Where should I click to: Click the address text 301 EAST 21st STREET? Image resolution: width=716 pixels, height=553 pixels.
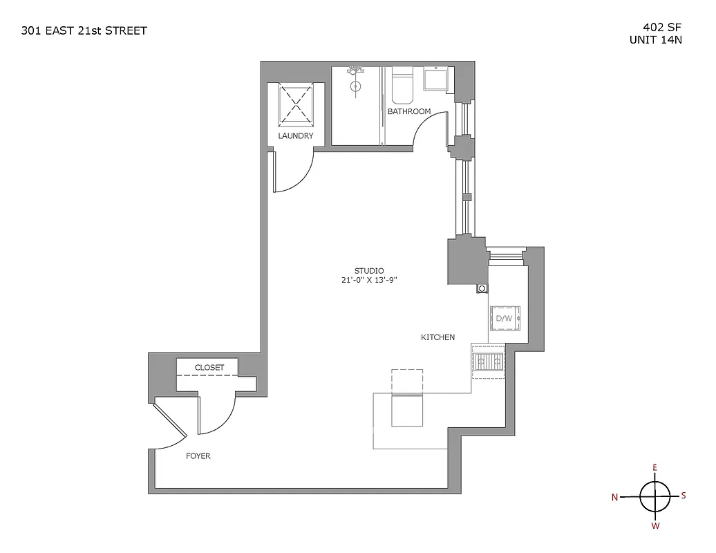84,30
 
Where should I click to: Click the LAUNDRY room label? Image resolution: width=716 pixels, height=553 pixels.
295,136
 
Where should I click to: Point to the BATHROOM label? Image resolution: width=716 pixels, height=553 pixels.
408,111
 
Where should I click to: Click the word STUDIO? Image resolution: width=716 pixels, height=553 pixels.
369,270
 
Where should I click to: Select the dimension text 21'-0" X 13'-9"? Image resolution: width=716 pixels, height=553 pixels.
369,281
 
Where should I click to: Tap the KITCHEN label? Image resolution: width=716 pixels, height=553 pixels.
438,337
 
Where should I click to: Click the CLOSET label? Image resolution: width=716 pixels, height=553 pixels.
209,367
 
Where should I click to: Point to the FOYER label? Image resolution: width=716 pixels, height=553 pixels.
198,456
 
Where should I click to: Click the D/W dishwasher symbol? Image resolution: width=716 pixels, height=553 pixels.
505,318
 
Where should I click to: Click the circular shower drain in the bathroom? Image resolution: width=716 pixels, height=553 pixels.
356,86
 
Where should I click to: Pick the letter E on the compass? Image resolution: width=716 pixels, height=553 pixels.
654,468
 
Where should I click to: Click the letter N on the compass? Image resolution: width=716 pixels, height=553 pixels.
614,497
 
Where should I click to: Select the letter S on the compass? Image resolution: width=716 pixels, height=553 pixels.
684,495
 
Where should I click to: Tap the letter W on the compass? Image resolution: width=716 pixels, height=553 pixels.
655,526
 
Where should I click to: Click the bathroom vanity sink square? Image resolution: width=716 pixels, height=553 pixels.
435,80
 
